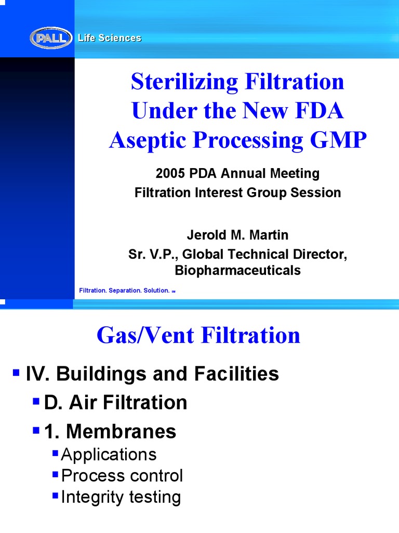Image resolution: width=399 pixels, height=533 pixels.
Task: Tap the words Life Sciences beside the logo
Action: click(110, 38)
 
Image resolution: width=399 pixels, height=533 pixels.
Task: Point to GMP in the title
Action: click(338, 140)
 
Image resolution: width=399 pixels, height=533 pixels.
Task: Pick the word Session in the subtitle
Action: click(316, 193)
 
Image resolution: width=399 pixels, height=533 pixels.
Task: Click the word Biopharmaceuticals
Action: click(238, 271)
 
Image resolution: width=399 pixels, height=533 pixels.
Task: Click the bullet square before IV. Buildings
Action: click(16, 372)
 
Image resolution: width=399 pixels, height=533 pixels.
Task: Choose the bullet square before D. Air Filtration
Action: click(36, 401)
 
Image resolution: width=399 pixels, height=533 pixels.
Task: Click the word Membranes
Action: click(122, 432)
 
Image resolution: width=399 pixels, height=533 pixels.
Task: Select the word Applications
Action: click(109, 454)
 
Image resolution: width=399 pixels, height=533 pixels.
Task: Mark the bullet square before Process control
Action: click(55, 474)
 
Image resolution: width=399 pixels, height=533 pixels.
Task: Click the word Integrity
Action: click(91, 497)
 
